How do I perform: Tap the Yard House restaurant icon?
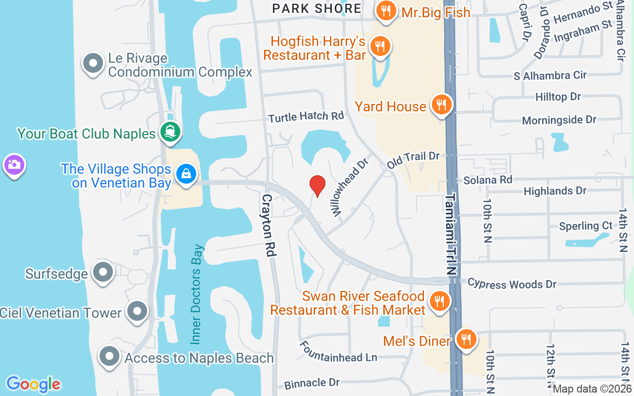tap(440, 105)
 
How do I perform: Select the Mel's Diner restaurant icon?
tap(466, 340)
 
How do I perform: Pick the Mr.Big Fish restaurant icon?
tap(385, 10)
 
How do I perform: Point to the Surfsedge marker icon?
tap(104, 272)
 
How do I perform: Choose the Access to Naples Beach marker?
tap(109, 356)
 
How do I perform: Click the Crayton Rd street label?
tap(268, 225)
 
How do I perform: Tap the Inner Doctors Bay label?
tap(197, 294)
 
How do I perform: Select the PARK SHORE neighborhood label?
tap(317, 8)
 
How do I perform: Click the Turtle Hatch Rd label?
tap(306, 117)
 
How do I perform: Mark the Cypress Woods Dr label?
tap(512, 283)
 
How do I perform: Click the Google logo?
tap(33, 384)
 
